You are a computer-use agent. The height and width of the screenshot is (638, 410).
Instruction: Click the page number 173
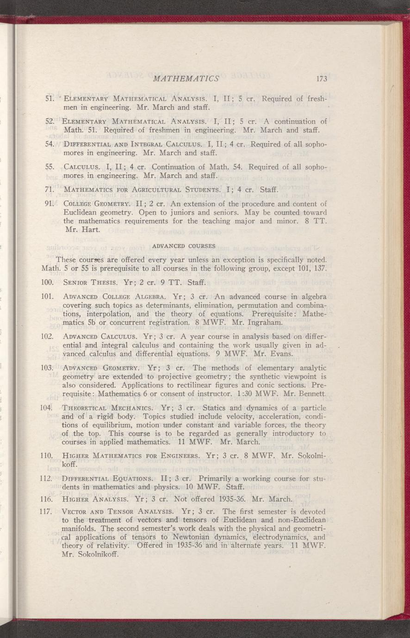pyautogui.click(x=322, y=79)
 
